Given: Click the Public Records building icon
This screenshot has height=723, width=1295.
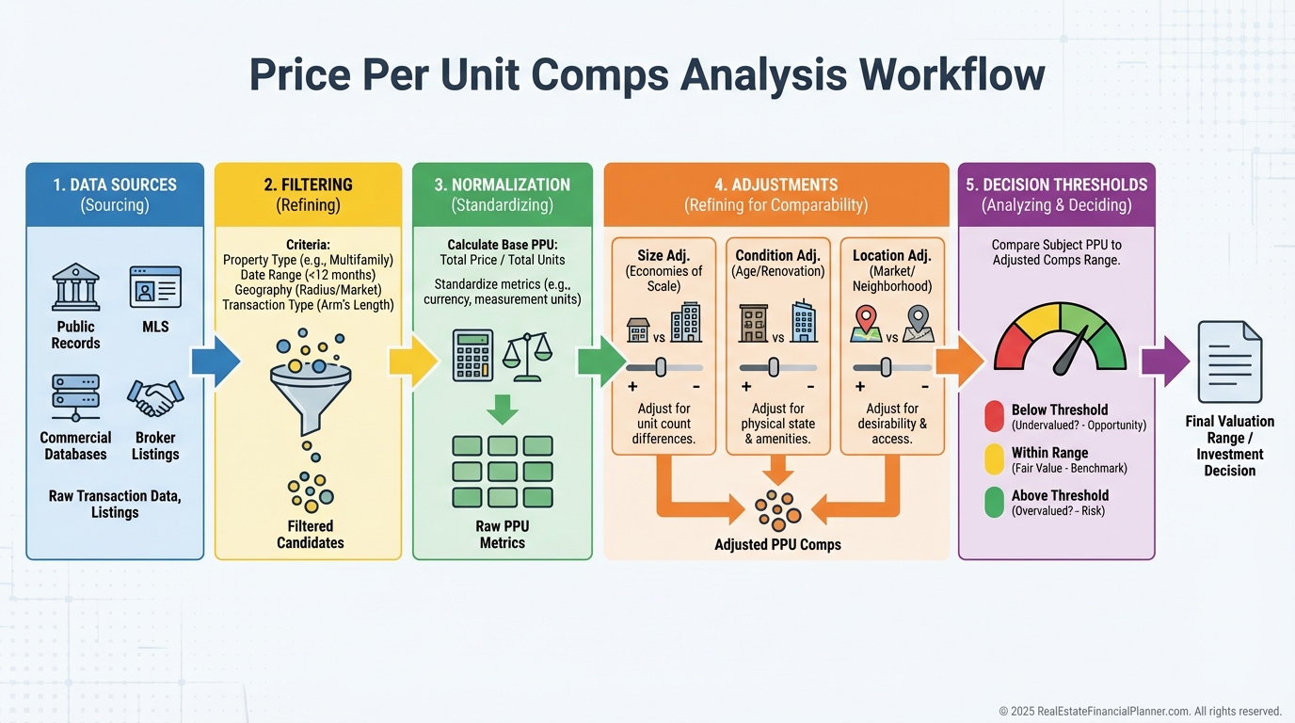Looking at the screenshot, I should coord(76,286).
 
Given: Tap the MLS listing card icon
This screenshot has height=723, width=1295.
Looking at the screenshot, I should coord(155,287).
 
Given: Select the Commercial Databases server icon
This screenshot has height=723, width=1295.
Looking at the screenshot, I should coord(75,398).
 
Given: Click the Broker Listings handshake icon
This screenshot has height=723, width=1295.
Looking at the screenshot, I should coord(155,398).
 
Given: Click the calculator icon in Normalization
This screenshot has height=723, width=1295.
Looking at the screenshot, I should coord(472,355).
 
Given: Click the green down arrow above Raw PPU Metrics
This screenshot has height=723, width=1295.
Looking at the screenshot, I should coord(502,409).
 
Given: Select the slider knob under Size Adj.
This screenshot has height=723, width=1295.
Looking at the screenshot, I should coord(661,367).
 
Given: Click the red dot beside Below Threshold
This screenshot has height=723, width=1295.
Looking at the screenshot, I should coord(994,416).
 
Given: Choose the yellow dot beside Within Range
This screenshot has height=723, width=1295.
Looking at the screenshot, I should coord(994,459).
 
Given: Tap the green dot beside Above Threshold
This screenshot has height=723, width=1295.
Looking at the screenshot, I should coord(994,502).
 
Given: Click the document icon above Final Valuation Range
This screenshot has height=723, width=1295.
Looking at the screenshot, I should coord(1229,362).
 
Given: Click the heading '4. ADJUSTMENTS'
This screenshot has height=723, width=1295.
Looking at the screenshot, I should coord(775,185).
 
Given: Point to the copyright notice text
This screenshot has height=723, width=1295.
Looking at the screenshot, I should coord(1140,711).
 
